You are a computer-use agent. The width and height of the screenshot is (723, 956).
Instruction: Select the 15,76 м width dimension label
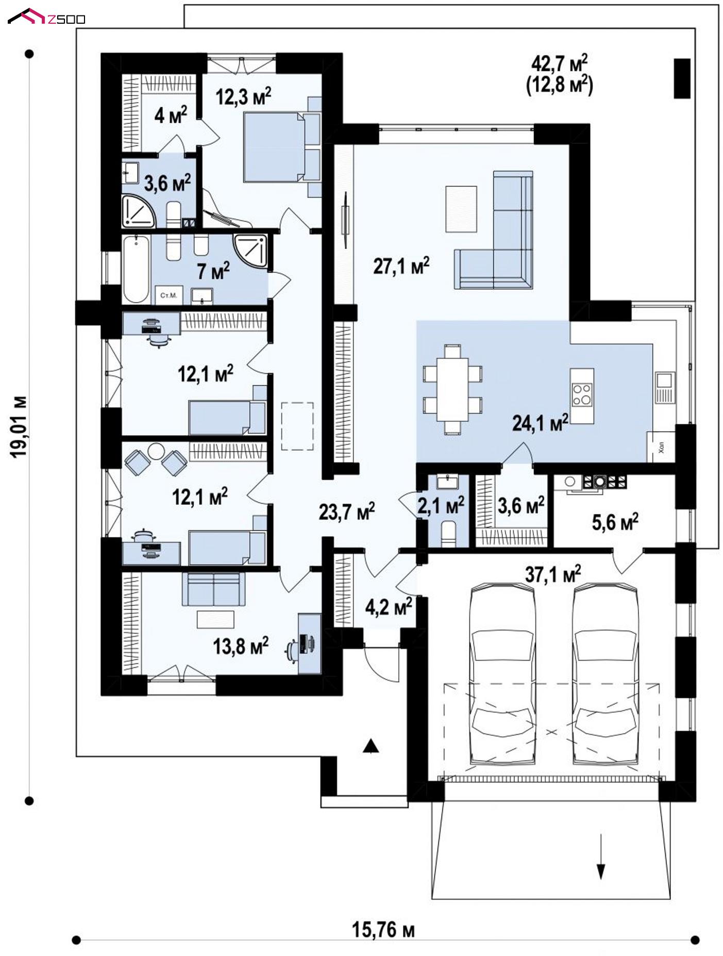tap(383, 930)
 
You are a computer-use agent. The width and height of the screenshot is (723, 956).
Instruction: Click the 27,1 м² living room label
tap(401, 266)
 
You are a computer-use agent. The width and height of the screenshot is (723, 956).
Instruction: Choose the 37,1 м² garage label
tap(553, 573)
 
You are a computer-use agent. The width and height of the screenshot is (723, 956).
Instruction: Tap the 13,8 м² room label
tap(241, 645)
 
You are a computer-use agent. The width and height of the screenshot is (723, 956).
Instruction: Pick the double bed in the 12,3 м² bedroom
tap(281, 147)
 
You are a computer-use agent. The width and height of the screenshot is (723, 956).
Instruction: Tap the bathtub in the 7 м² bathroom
tap(136, 269)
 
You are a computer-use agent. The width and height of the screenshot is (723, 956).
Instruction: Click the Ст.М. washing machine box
tap(169, 295)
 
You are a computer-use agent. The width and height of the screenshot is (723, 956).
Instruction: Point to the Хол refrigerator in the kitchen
tap(661, 446)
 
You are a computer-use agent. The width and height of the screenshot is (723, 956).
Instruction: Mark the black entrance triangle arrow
tap(371, 746)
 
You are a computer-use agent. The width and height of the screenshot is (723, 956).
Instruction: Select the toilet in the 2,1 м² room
tap(448, 533)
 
